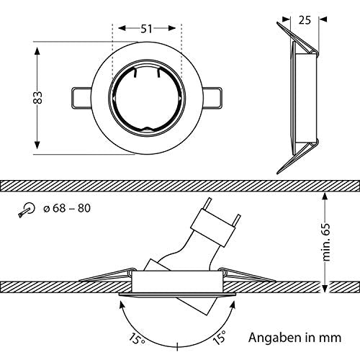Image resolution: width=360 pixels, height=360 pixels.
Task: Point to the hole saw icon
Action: pos(27,210)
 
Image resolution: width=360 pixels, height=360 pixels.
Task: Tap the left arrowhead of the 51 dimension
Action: pos(115,29)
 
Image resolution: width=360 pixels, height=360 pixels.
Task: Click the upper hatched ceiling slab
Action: pos(180,186)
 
